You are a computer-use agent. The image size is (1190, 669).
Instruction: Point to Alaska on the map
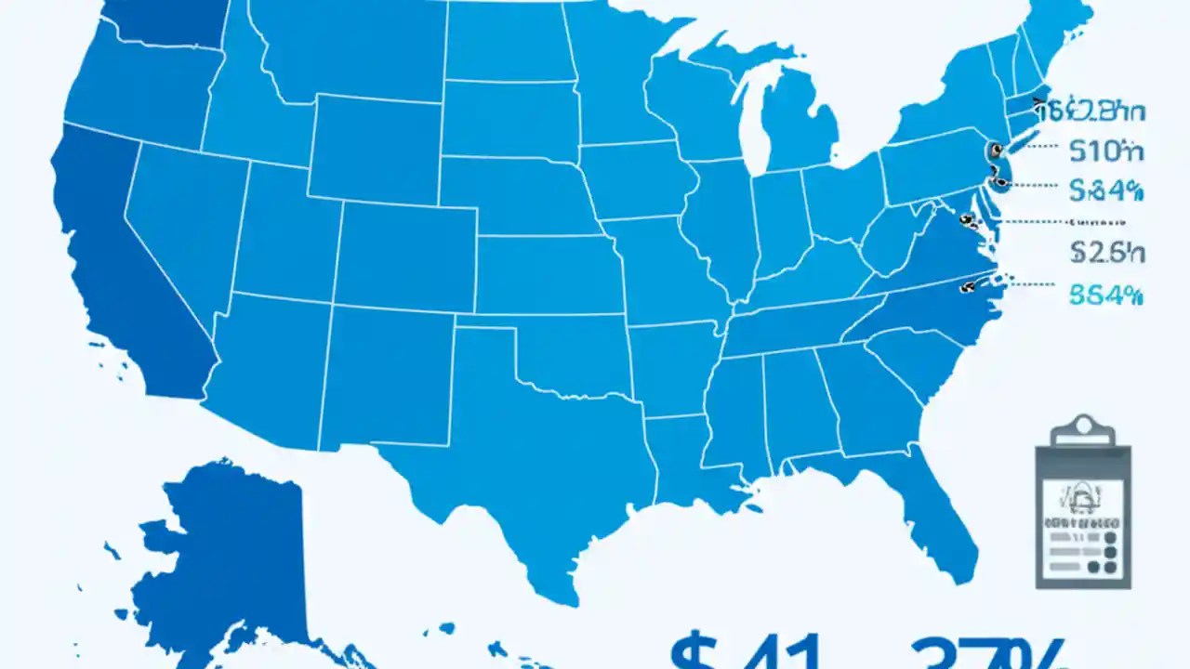(x=232, y=557)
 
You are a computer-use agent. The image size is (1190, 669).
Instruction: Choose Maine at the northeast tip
(x=1060, y=28)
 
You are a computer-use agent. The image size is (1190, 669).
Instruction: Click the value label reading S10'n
(x=1106, y=149)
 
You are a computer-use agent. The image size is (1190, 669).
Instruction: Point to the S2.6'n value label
(x=1106, y=252)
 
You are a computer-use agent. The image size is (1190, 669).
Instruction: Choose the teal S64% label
(x=1106, y=295)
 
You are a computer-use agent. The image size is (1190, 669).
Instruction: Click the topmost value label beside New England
(x=1093, y=112)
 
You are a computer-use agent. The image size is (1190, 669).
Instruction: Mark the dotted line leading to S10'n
(x=1035, y=147)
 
